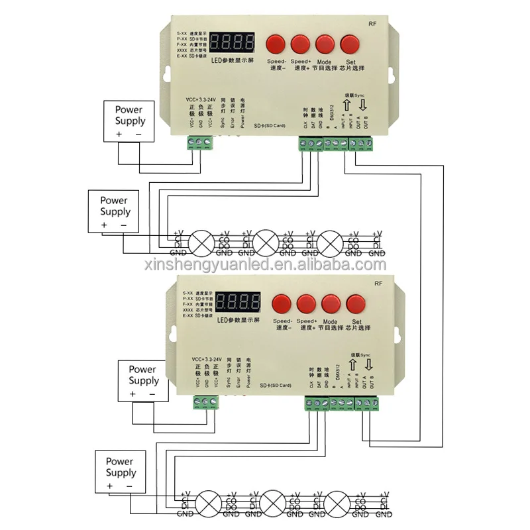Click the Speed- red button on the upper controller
pyautogui.click(x=276, y=44)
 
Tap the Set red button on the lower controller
pyautogui.click(x=356, y=304)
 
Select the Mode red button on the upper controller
pyautogui.click(x=325, y=44)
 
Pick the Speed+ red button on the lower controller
pyautogui.click(x=307, y=304)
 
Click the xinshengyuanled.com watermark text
pyautogui.click(x=265, y=265)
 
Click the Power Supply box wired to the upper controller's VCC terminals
pyautogui.click(x=130, y=121)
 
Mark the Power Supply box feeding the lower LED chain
pyautogui.click(x=121, y=472)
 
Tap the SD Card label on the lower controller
pyautogui.click(x=272, y=385)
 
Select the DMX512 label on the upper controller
pyautogui.click(x=331, y=115)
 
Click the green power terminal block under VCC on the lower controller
pyautogui.click(x=207, y=402)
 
